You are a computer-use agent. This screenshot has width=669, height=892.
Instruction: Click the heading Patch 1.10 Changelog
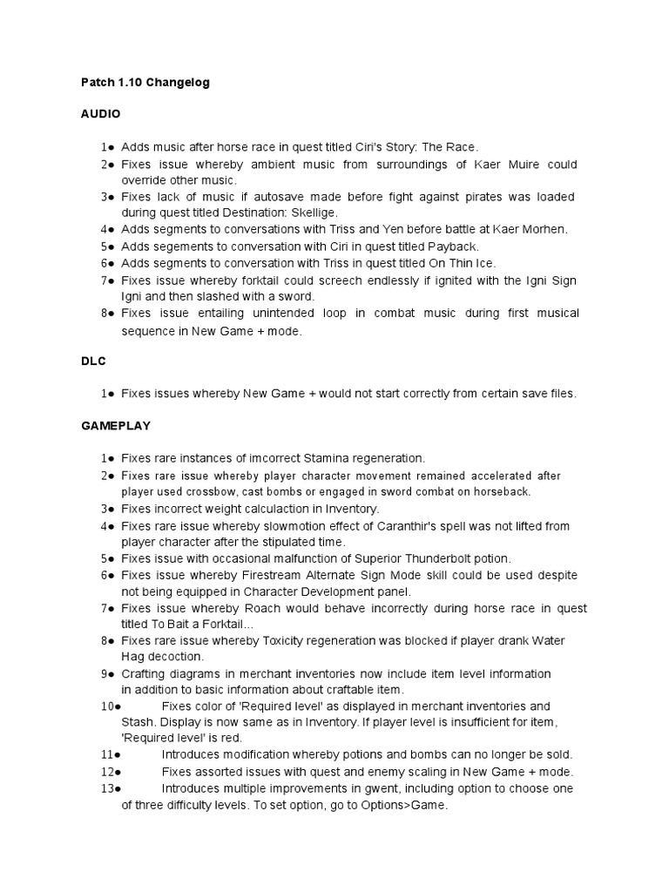[x=145, y=83]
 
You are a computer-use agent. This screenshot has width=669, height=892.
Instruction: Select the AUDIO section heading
[x=100, y=114]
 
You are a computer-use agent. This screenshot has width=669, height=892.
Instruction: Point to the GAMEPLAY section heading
[x=116, y=426]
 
